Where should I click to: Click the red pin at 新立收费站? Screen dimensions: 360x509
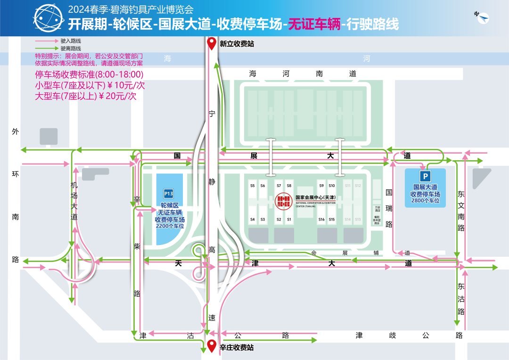(x=212, y=43)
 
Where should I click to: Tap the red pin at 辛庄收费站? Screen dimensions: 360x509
(x=212, y=346)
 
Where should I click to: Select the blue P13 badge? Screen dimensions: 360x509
(x=168, y=193)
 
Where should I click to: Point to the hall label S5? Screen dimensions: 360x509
(x=253, y=186)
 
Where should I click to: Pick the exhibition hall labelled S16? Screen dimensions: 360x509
(x=321, y=220)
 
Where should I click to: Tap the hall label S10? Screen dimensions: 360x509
(x=332, y=186)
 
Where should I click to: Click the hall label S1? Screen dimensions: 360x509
(x=289, y=220)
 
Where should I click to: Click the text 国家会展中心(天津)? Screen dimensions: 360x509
(x=315, y=197)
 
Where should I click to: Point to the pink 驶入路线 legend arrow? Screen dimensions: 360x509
(x=46, y=41)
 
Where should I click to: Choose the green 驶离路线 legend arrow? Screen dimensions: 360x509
(x=46, y=48)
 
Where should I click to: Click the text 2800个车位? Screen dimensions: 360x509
(x=425, y=201)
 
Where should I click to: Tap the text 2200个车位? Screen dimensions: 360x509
(x=170, y=226)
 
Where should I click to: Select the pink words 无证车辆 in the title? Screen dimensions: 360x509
(x=314, y=24)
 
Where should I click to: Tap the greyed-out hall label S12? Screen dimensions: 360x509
(x=358, y=186)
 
